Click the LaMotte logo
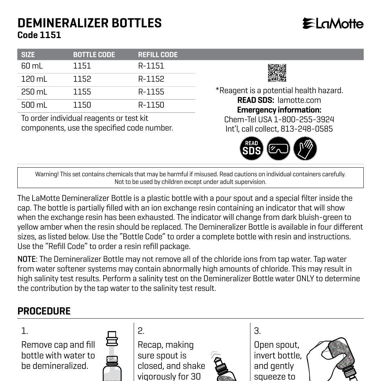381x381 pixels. (333, 24)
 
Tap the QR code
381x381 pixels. (277, 73)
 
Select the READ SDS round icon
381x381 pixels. (251, 148)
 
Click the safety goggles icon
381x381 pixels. (278, 148)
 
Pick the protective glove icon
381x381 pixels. (305, 148)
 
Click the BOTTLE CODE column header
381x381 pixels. (94, 55)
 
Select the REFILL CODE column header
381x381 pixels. (158, 55)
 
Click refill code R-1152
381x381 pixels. (151, 79)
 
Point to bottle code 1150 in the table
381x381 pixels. (82, 105)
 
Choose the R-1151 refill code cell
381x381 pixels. (151, 66)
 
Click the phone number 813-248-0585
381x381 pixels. (307, 129)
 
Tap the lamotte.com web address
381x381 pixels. (299, 100)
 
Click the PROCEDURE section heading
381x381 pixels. (44, 311)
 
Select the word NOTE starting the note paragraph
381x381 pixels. (27, 259)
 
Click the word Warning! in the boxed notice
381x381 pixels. (46, 174)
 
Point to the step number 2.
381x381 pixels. (141, 331)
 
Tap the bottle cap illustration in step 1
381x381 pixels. (112, 338)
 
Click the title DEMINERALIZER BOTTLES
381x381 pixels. (89, 23)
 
